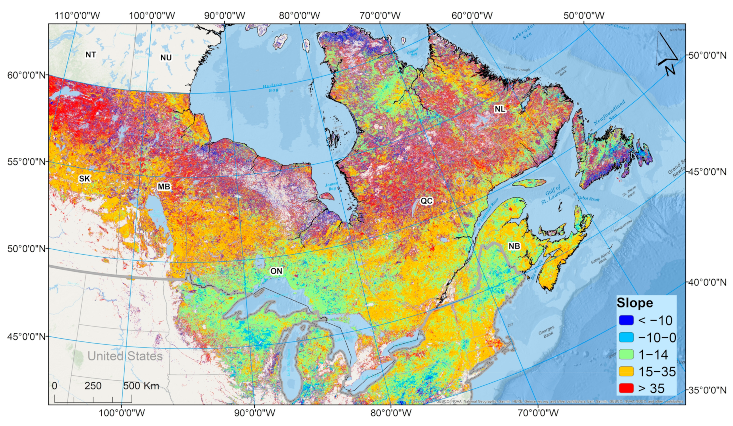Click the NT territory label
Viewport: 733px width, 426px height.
[91, 55]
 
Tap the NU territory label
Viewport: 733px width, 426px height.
[166, 58]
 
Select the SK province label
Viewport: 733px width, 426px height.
[84, 179]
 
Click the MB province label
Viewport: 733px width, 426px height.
[164, 187]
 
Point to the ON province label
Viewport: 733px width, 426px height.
[276, 271]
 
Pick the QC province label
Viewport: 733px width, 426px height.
[426, 201]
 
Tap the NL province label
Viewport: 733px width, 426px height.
[500, 109]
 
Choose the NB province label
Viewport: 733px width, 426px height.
[514, 246]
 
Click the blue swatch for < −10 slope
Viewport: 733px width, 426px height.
[626, 320]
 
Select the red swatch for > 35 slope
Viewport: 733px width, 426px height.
[626, 388]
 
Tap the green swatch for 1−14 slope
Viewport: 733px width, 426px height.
[626, 354]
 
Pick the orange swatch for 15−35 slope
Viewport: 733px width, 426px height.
[626, 371]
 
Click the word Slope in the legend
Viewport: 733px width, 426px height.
[635, 303]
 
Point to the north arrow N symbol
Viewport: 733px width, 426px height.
[669, 70]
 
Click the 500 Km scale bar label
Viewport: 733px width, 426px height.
[141, 386]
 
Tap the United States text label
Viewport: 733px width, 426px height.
[125, 356]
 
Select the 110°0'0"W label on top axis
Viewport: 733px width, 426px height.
[77, 16]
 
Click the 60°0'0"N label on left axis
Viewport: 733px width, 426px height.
[26, 75]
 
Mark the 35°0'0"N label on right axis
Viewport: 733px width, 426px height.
[707, 390]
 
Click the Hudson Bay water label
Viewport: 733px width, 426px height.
[272, 88]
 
